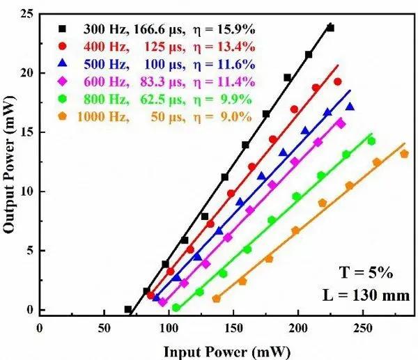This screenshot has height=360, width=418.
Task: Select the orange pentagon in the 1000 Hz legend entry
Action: click(x=63, y=117)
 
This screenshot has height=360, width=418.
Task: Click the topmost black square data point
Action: click(x=330, y=28)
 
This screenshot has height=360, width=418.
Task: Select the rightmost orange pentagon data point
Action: click(x=404, y=154)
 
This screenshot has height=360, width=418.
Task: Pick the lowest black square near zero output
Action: click(x=128, y=309)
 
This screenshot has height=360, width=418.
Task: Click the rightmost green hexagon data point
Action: click(x=371, y=141)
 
